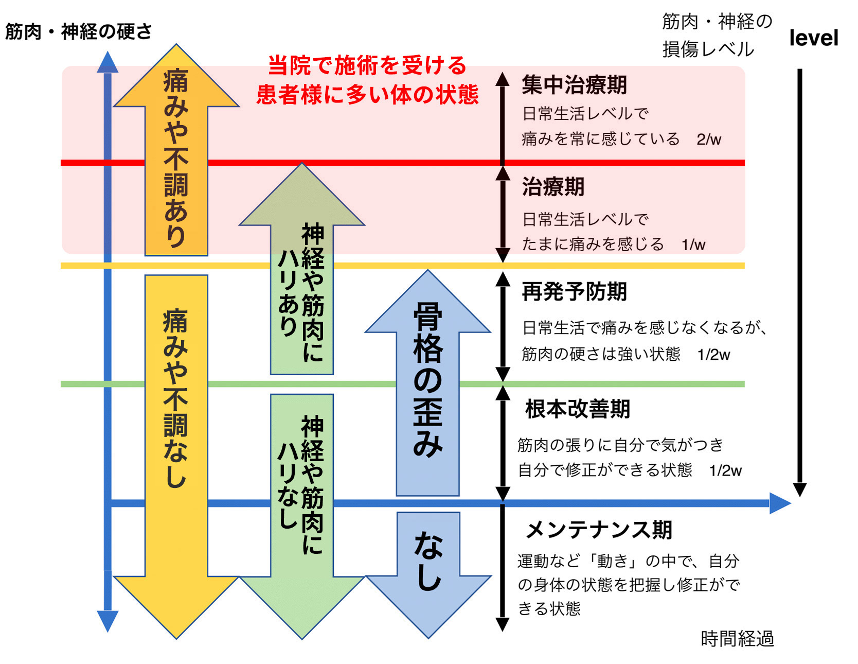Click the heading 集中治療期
pos(574,85)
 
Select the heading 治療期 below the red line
pos(553,187)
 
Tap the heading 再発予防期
pos(574,292)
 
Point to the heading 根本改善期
pos(577,409)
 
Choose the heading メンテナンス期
pos(599,530)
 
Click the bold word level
pos(813,38)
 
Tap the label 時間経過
pos(737,639)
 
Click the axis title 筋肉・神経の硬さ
pos(78,32)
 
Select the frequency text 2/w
pos(708,139)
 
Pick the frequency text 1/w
pos(693,245)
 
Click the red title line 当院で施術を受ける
pos(367,66)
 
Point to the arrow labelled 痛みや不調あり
pos(176,154)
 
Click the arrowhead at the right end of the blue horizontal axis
pos(779,503)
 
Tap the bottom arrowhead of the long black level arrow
pos(799,489)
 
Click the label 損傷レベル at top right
pos(708,49)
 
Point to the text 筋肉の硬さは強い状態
pos(601,354)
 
